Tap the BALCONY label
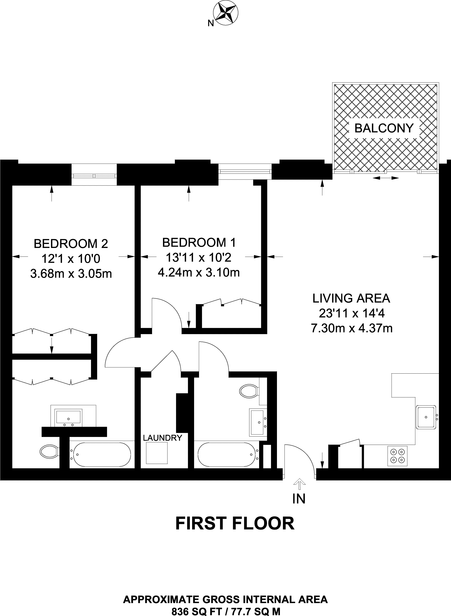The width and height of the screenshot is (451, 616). click(384, 128)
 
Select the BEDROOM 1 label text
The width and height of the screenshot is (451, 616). click(199, 242)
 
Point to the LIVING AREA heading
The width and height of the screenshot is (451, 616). click(351, 298)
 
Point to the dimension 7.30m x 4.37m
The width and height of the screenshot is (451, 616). click(352, 328)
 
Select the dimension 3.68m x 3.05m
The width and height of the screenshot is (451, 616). click(71, 274)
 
